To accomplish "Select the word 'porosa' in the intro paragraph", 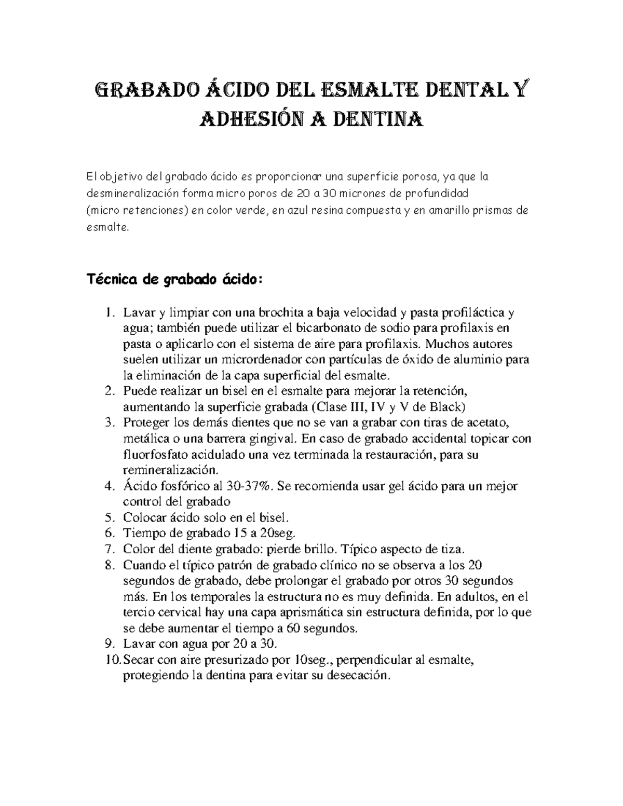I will [x=419, y=177].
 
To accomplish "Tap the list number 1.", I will [x=109, y=313].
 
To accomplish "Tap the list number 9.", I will [x=109, y=644].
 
